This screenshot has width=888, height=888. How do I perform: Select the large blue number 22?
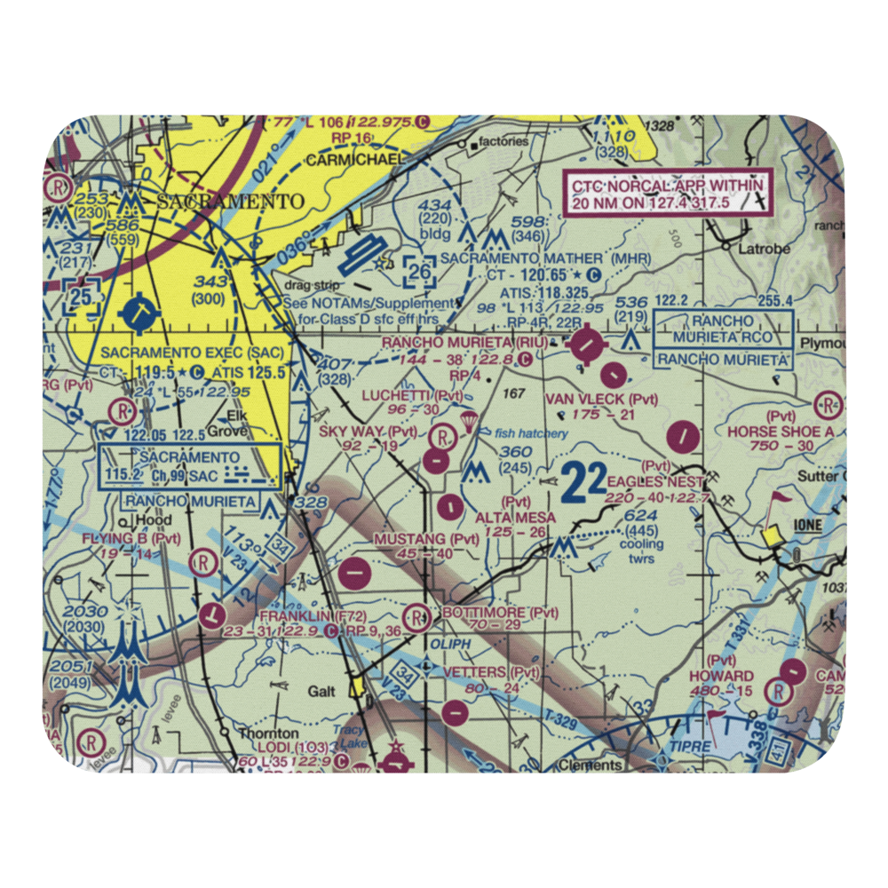(583, 486)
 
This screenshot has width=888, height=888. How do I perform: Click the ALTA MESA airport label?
(516, 517)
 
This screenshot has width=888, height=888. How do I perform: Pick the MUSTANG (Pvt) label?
(425, 539)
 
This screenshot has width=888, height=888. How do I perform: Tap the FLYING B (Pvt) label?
(131, 538)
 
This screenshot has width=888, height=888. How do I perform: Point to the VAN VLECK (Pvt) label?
(601, 399)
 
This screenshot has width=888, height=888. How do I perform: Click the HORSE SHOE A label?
(781, 431)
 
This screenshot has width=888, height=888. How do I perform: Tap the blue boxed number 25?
(82, 295)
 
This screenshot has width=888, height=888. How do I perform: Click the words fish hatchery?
(531, 433)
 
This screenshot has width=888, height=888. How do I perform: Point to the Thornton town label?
(267, 733)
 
